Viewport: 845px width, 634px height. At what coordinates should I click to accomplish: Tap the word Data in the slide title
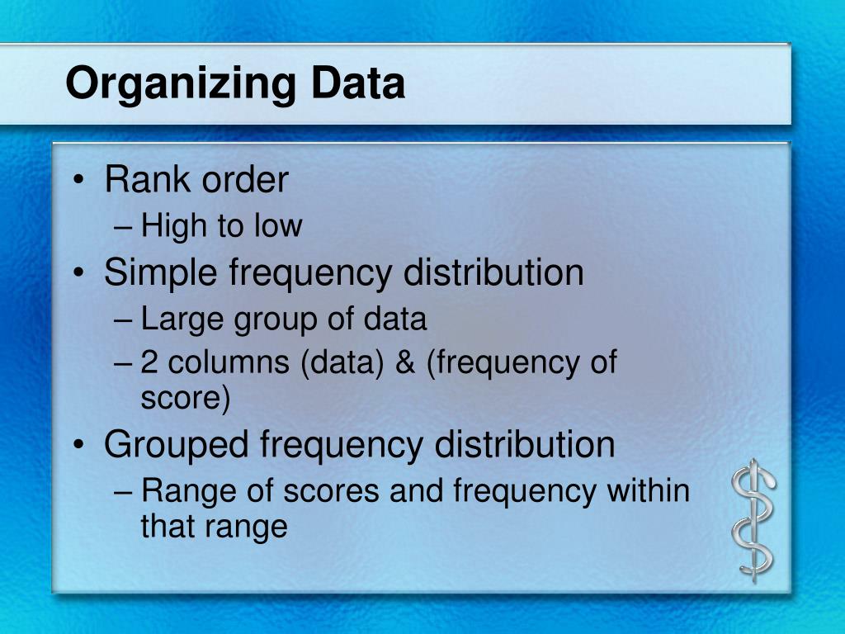click(358, 83)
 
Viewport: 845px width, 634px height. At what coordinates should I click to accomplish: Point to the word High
click(172, 226)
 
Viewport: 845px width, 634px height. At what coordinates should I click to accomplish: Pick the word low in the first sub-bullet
click(280, 225)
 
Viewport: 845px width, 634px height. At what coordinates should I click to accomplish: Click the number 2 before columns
click(150, 362)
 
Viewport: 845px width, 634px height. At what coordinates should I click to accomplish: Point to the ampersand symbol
click(405, 362)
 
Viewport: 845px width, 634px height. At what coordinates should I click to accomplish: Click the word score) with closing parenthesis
click(186, 399)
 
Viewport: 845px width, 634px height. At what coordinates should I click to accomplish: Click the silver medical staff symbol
click(754, 520)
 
